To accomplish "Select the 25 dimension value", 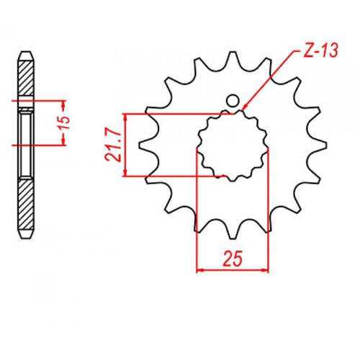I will tap(233, 256).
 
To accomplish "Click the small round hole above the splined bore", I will tap(233, 101).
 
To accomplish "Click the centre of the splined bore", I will tap(232, 144).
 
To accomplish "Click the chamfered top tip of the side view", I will tap(25, 53).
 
